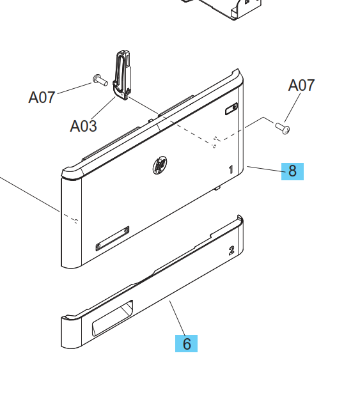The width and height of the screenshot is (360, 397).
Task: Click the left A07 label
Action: point(42,97)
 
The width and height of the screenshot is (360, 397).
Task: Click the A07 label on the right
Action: point(301,85)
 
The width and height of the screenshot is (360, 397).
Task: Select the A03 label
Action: point(83,126)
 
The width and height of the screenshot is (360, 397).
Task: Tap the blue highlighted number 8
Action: point(292,171)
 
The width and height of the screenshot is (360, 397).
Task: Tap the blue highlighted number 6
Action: point(187,343)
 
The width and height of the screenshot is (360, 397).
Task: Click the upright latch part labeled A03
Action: point(122,76)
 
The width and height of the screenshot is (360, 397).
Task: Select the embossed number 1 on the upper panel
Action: point(231,169)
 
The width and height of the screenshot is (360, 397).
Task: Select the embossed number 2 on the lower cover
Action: point(231,250)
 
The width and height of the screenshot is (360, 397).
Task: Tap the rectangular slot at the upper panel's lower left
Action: point(113,238)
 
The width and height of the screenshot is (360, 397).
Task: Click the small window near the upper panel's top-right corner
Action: point(231,110)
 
